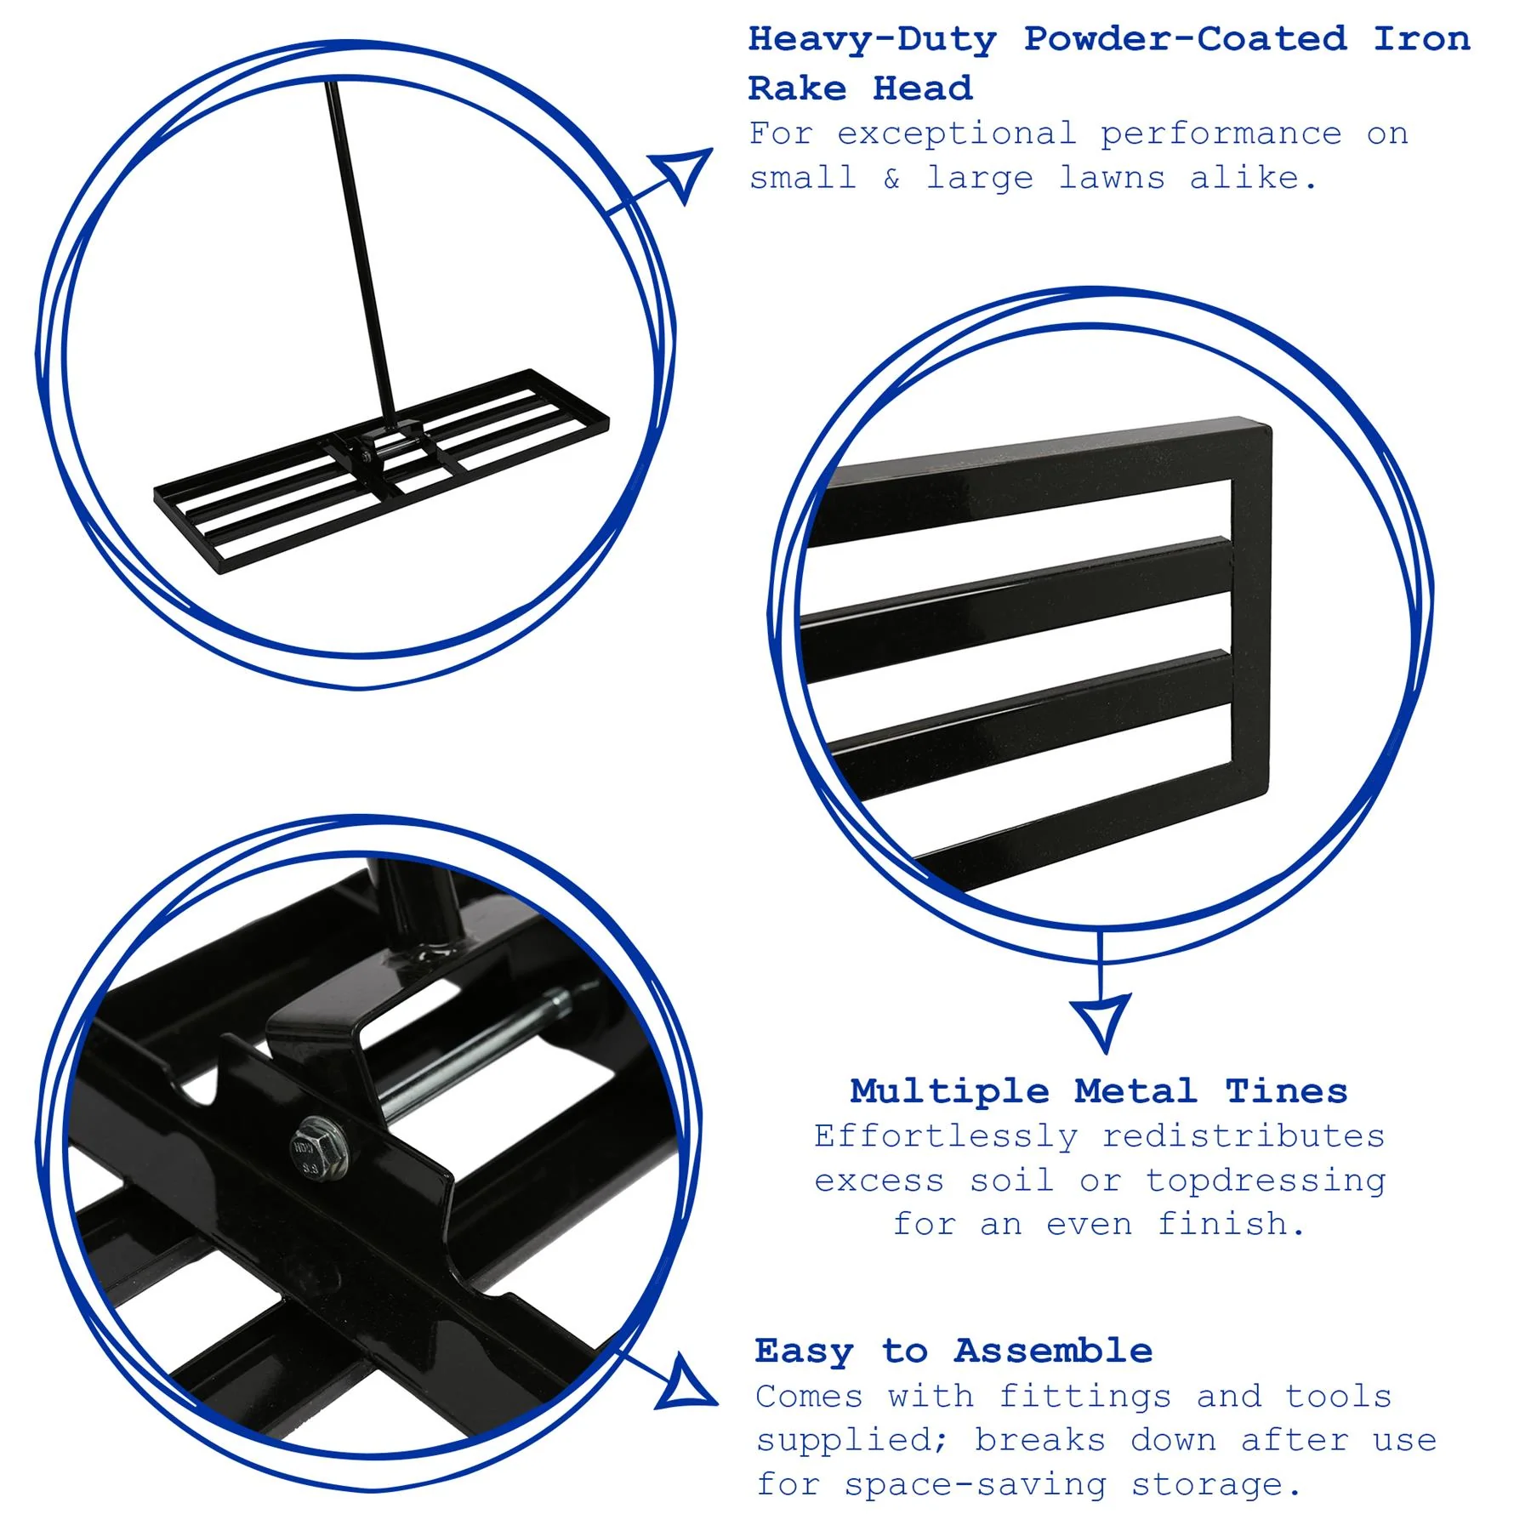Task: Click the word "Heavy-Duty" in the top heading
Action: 872,41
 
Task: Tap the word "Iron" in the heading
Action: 1422,39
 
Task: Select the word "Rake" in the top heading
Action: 797,88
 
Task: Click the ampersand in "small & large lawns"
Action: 891,179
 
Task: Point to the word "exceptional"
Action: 957,134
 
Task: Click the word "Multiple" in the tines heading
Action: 950,1091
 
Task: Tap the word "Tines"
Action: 1286,1091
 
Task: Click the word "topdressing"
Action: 1266,1181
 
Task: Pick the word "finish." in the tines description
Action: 1231,1225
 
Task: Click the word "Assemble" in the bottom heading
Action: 1053,1351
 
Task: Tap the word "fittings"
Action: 1084,1397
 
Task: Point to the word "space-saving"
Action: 976,1485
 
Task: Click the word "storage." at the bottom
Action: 1216,1485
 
